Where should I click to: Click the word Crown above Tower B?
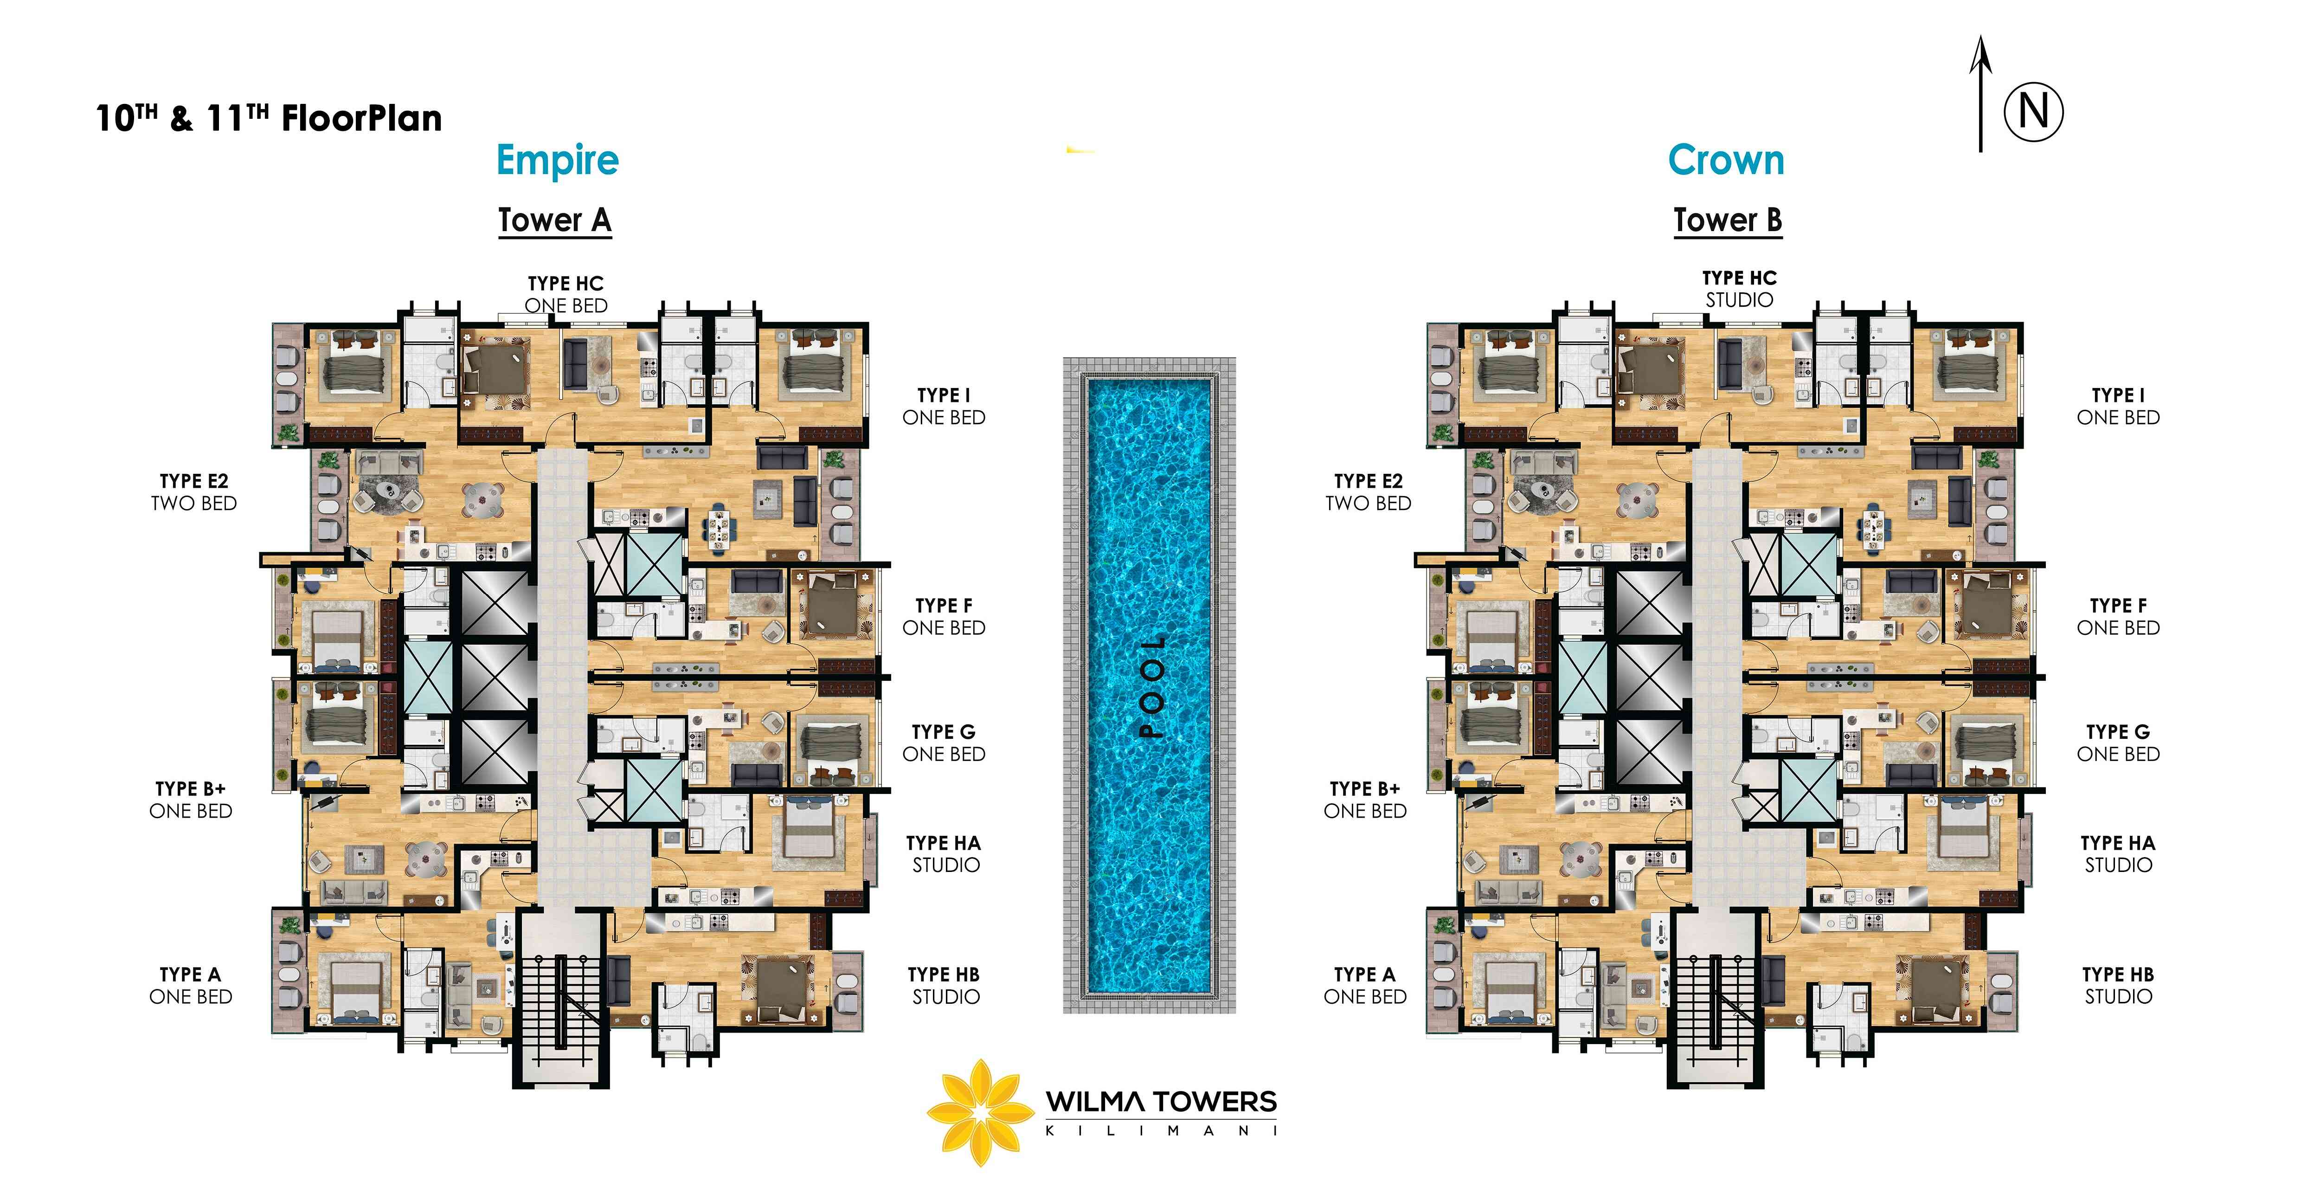coord(1726,161)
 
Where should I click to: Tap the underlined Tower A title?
coord(555,220)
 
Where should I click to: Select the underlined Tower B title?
coord(1728,220)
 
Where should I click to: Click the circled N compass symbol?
coord(2033,113)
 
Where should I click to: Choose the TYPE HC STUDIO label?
coord(1739,289)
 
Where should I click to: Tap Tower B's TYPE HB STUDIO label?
coord(2118,985)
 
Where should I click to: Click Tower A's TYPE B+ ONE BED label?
coord(190,800)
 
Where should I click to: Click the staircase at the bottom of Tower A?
coord(561,1001)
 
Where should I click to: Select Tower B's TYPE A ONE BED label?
coord(1365,985)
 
